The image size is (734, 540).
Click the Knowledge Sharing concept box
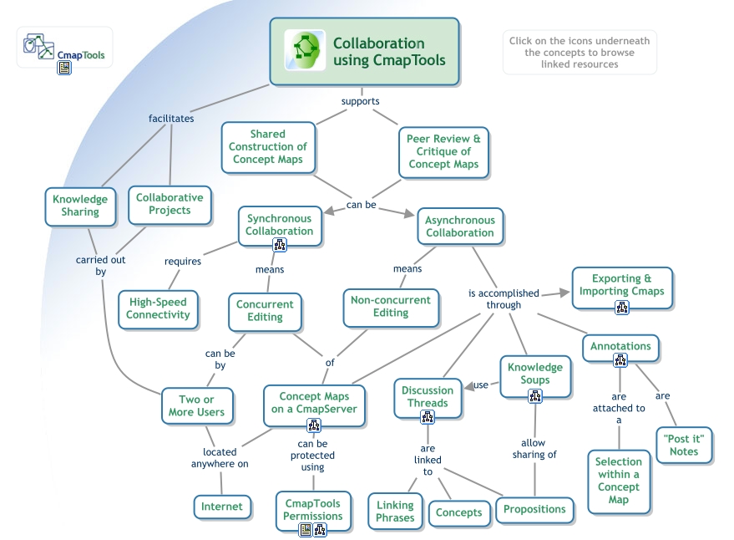tap(80, 206)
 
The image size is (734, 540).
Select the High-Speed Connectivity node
tap(158, 308)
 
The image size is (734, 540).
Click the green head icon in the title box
tap(304, 51)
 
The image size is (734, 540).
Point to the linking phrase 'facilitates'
tap(171, 118)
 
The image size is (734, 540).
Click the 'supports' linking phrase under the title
tap(361, 101)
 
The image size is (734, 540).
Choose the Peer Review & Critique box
tap(443, 151)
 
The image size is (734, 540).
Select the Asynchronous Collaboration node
tap(459, 227)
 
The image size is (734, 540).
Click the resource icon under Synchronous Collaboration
tap(280, 244)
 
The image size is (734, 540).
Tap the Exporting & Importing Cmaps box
tap(622, 285)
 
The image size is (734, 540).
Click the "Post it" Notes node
tap(683, 445)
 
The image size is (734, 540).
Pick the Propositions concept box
tap(534, 508)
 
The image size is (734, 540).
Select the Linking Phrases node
tap(395, 511)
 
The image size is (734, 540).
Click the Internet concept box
tap(222, 506)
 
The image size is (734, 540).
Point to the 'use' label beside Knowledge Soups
tap(482, 385)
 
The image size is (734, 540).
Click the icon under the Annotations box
tap(620, 360)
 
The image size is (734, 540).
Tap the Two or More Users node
tap(197, 405)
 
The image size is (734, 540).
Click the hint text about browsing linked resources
tap(579, 53)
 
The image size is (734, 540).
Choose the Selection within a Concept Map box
tap(619, 481)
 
